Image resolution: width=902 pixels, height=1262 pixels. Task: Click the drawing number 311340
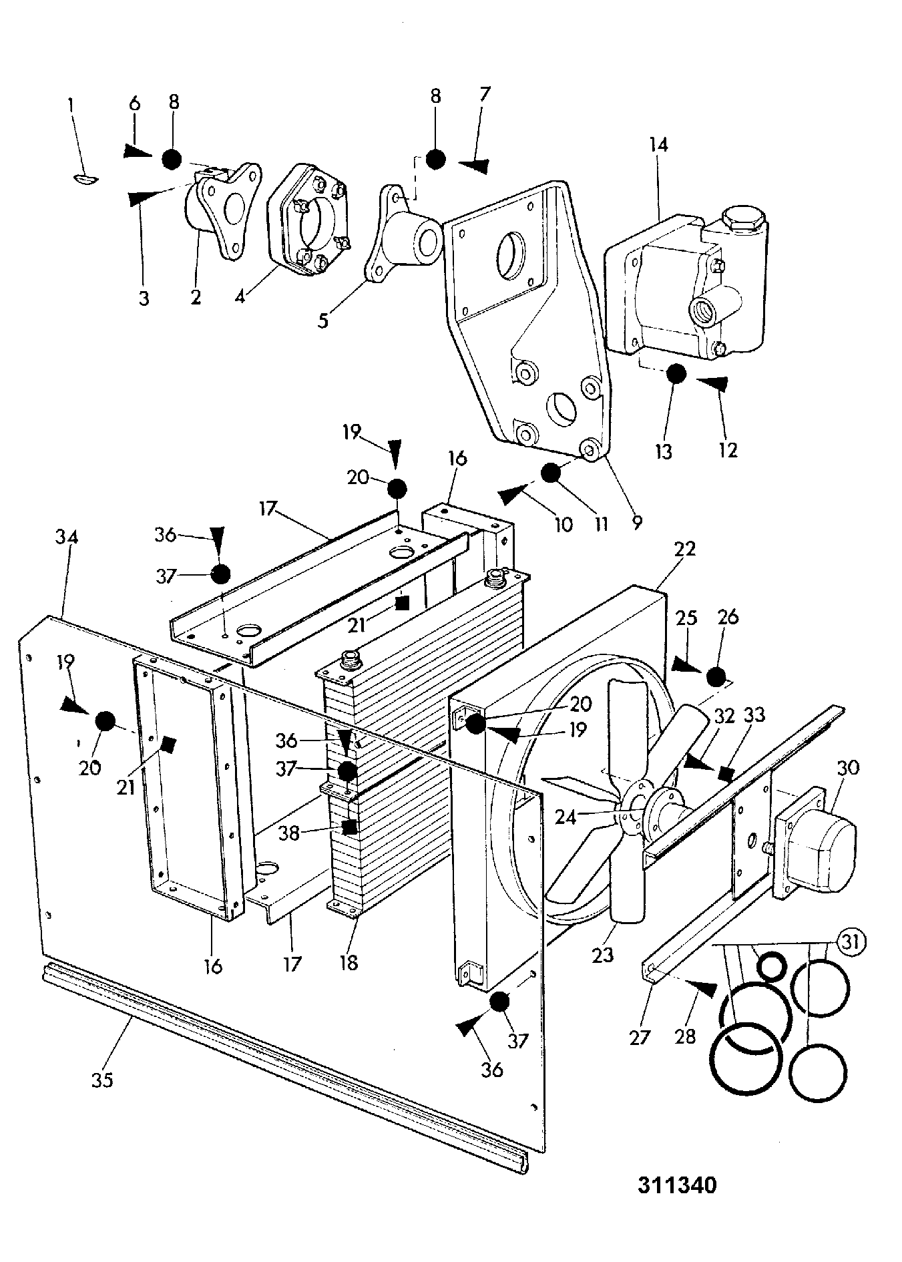677,1185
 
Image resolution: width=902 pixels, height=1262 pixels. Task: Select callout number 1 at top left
71,105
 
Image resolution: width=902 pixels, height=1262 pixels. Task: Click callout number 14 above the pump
658,145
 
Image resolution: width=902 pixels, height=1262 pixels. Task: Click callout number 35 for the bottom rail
102,1080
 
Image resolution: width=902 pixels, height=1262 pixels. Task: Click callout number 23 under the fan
602,956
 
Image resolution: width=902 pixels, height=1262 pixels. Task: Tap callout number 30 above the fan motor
847,768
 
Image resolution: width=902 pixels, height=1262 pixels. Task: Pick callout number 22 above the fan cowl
685,549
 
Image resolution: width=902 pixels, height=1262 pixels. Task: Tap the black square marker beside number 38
349,827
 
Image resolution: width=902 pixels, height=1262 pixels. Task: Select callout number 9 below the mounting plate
636,522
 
